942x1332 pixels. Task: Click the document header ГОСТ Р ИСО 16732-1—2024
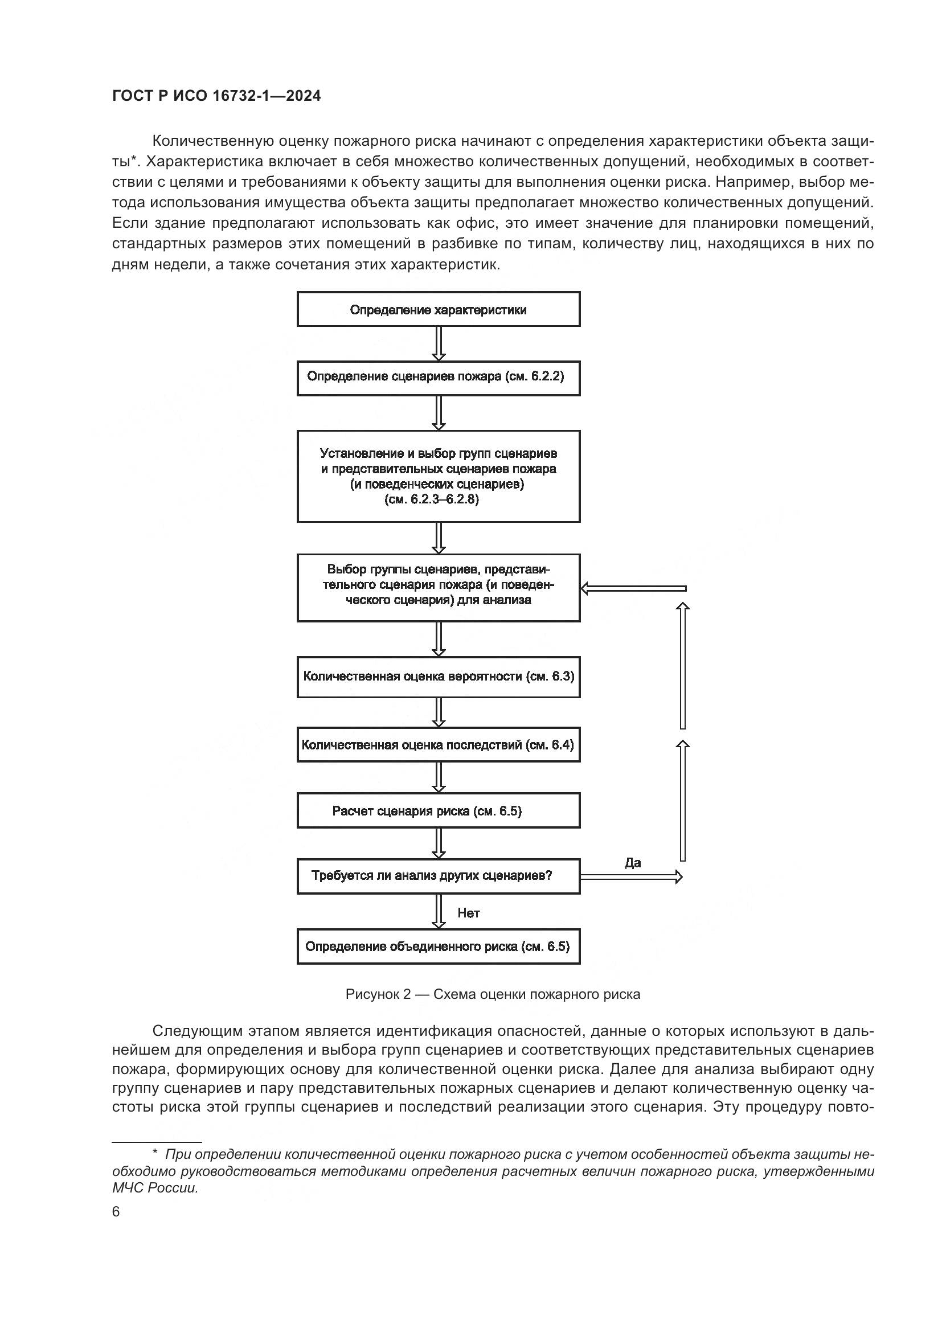216,96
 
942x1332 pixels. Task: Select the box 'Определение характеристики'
438,310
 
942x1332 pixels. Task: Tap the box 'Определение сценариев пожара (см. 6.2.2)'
438,378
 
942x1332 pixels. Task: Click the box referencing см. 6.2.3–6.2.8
438,476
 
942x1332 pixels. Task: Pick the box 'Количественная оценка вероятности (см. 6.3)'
438,677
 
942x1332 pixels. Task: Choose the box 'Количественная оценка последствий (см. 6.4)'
438,744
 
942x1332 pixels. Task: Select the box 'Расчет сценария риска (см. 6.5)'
438,810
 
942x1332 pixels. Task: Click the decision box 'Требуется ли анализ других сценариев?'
438,876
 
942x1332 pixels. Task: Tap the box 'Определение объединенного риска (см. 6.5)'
438,947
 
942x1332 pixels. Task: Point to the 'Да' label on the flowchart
633,863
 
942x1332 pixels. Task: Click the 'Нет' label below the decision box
469,913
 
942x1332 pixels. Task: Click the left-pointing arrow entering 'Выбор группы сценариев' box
633,589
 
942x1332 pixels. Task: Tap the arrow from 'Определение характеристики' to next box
439,344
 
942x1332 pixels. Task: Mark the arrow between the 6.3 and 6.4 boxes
439,712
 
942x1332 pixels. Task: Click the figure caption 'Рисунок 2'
493,994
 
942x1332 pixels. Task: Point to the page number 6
116,1212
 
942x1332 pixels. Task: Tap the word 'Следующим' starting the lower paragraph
196,1031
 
